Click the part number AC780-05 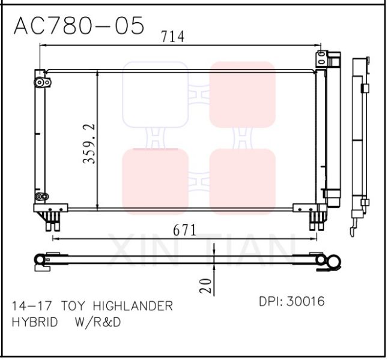point(79,26)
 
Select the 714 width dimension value point(172,37)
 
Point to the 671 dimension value point(185,230)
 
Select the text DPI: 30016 point(291,302)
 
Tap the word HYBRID point(35,322)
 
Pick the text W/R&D point(98,322)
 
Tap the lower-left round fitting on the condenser point(41,197)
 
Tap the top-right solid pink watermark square point(242,94)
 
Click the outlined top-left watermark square point(155,94)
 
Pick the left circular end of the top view point(40,259)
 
